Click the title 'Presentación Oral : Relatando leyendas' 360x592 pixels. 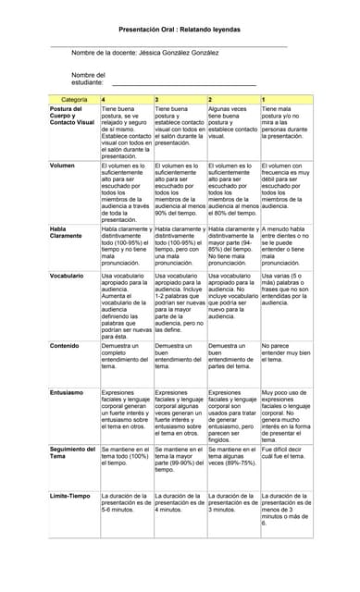[x=179, y=30]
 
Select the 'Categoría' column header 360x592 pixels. [x=73, y=98]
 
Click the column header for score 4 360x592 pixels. [x=104, y=98]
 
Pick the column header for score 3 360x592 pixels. [x=157, y=98]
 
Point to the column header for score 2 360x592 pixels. [x=211, y=98]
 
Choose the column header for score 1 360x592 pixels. [x=265, y=98]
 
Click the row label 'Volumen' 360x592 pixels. [x=62, y=166]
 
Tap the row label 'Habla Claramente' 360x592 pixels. [x=67, y=232]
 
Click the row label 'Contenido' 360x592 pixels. [x=64, y=346]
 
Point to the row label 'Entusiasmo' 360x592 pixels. [x=66, y=392]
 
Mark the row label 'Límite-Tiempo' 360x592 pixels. [x=70, y=496]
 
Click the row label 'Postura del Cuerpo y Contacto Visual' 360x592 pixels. [x=72, y=116]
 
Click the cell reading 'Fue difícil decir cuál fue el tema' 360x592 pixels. [x=286, y=452]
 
